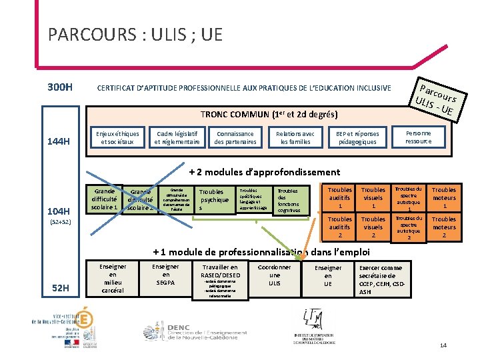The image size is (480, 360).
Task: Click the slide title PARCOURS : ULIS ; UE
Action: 135,35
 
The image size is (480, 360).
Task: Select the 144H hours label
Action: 59,141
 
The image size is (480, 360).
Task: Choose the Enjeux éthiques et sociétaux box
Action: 117,137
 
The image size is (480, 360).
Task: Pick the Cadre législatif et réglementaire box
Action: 177,137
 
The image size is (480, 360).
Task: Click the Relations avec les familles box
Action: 295,137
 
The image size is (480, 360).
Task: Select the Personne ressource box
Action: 418,137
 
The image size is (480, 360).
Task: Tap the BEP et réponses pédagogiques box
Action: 357,137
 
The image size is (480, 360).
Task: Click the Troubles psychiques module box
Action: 215,199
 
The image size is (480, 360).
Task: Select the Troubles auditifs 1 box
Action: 340,198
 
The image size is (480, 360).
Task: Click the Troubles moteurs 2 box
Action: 443,227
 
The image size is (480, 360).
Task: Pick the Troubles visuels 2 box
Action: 373,227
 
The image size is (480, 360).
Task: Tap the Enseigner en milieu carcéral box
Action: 112,278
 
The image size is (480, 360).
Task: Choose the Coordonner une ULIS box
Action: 275,275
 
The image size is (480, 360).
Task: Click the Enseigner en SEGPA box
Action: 165,275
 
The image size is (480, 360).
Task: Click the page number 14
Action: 443,345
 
